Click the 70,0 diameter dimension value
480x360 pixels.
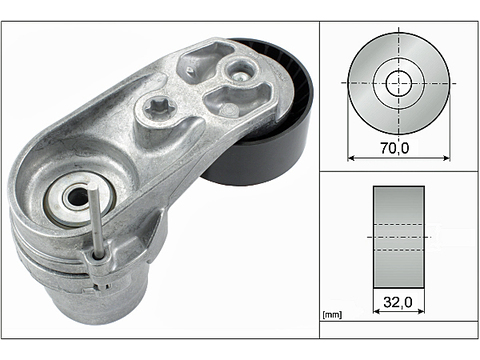(x=395, y=148)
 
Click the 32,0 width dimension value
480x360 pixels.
(x=398, y=302)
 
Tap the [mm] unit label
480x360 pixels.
(x=332, y=314)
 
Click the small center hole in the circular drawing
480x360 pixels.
(x=399, y=83)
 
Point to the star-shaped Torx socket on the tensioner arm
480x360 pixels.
(x=156, y=107)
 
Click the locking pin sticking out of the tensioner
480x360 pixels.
(x=96, y=222)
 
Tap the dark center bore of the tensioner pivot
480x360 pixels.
(x=77, y=197)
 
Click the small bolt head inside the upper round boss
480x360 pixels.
(x=240, y=76)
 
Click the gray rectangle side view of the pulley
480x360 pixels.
(x=399, y=237)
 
